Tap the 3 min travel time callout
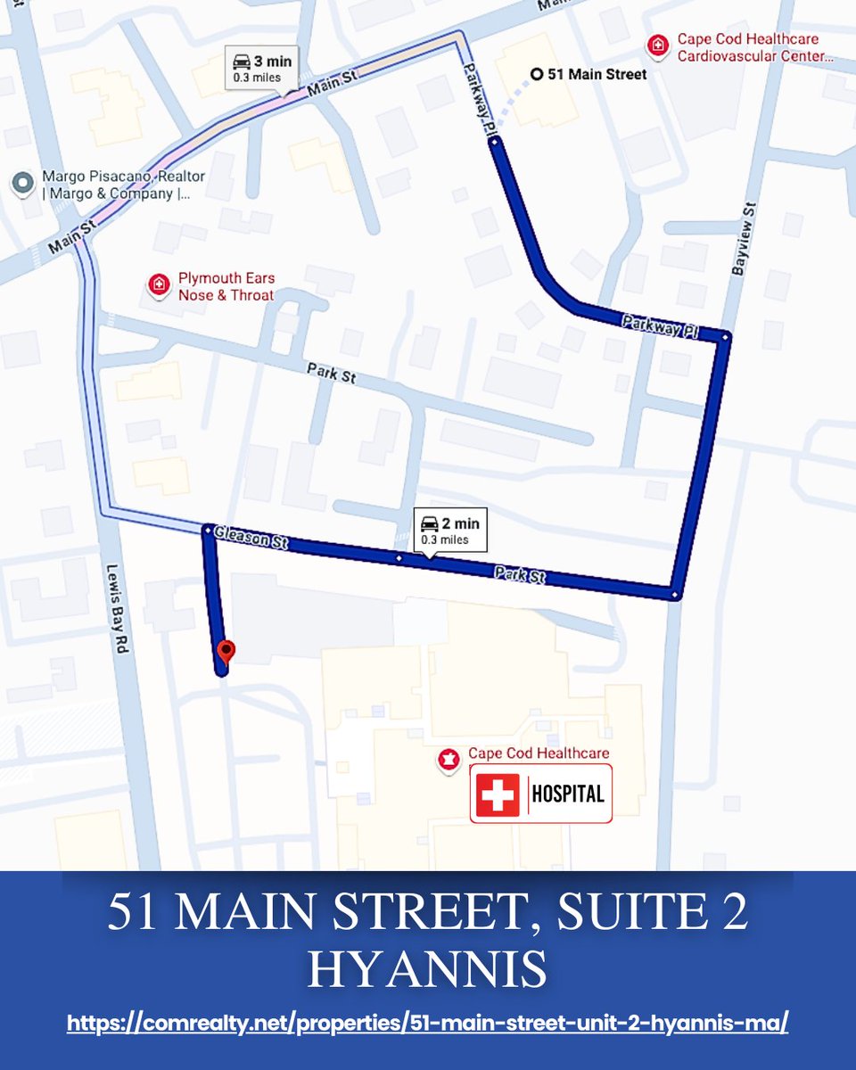(x=261, y=69)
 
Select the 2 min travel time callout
(x=451, y=531)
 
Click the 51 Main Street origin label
(x=597, y=75)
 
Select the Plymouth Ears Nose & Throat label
(x=226, y=287)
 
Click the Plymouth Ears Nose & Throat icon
(x=159, y=286)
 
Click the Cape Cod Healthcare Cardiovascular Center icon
(x=657, y=45)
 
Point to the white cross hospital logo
(x=497, y=794)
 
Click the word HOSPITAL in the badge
(x=569, y=794)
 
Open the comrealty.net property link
(x=427, y=1023)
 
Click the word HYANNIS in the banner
(x=427, y=970)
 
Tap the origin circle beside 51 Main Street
(x=536, y=75)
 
